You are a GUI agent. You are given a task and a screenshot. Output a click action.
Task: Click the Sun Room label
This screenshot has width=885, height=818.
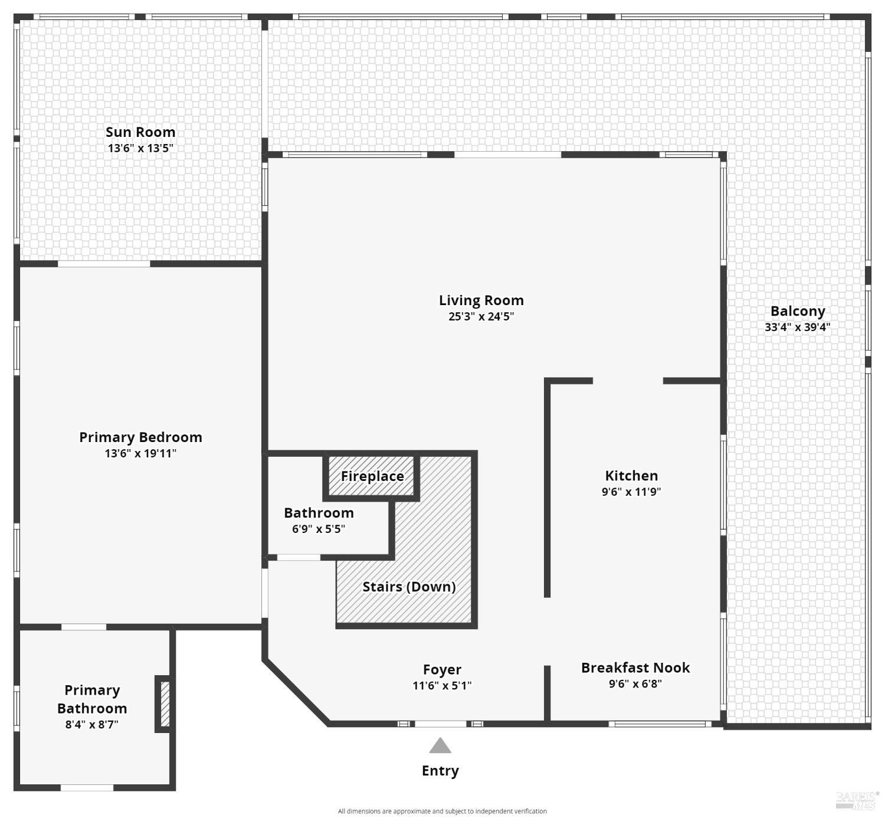[x=140, y=132]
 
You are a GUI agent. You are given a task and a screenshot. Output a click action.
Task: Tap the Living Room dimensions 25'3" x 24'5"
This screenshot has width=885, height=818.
[x=481, y=316]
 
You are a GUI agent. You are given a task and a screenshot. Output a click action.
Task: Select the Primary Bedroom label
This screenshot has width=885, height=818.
[x=141, y=437]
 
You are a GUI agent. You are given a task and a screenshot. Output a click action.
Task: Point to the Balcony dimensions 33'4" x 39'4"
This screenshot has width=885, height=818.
[x=798, y=327]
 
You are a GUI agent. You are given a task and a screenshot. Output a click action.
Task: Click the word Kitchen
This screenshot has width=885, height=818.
[x=631, y=476]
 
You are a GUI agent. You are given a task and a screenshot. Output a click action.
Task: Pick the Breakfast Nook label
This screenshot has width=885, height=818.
[x=635, y=668]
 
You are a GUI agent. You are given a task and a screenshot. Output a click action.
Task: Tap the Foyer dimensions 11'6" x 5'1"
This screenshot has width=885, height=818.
[x=442, y=686]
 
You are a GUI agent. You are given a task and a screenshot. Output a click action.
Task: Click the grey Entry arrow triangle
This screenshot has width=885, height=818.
[x=440, y=746]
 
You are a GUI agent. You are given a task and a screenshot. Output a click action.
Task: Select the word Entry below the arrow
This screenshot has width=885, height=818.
[x=440, y=771]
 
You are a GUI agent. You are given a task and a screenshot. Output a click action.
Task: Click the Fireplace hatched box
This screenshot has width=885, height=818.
[x=372, y=476]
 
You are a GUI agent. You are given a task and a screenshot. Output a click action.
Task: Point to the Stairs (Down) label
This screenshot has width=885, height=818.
[x=409, y=587]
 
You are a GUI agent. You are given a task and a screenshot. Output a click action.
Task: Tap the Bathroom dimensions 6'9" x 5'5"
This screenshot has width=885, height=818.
[x=319, y=529]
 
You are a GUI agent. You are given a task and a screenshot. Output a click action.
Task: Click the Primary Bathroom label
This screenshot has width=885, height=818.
[x=92, y=699]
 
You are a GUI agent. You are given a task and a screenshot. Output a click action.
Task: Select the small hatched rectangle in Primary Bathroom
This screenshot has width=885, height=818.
[x=165, y=704]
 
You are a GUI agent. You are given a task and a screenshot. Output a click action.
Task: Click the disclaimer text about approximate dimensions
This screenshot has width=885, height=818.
[x=442, y=812]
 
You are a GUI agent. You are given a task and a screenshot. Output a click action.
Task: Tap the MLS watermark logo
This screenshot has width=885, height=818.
[x=857, y=801]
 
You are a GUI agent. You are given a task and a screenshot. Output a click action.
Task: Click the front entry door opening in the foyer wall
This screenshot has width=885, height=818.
[x=440, y=724]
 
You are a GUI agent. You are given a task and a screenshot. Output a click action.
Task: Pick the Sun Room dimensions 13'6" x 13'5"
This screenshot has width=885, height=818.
[x=140, y=149]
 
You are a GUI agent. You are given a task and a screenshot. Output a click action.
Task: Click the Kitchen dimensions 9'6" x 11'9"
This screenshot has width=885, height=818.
[x=631, y=492]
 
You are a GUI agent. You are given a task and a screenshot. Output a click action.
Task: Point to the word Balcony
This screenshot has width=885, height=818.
[x=798, y=311]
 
